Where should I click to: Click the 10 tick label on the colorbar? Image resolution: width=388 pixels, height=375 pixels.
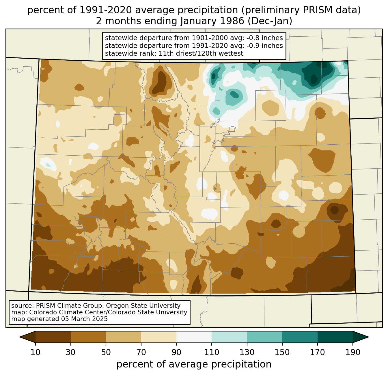pos(36,352)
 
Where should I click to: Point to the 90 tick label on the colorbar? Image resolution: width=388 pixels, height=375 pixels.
pos(176,352)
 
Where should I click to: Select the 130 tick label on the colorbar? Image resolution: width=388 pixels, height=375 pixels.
pos(247,352)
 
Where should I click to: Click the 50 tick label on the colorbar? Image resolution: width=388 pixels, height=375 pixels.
pos(106,352)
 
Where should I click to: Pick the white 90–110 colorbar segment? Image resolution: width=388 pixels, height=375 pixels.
pos(194,337)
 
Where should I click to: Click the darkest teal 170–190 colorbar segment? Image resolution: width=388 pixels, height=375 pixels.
pos(335,337)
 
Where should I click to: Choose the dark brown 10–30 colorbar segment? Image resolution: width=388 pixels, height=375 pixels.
pos(53,337)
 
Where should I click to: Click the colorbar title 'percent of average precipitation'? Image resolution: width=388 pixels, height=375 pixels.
pos(194,364)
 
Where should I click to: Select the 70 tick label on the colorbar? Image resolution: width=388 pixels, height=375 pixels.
pos(141,352)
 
